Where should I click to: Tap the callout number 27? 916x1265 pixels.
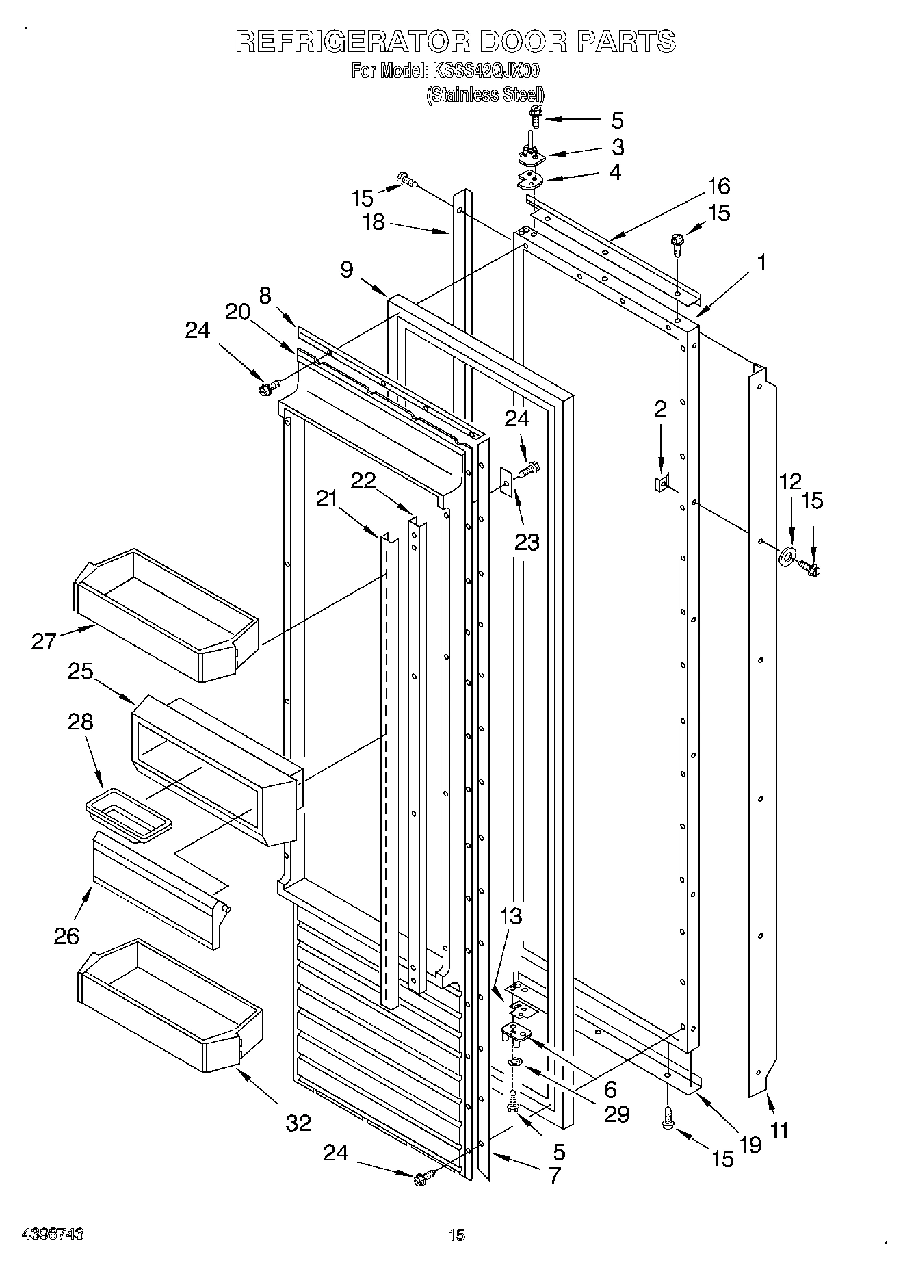pos(43,641)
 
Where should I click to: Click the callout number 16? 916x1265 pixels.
pos(718,186)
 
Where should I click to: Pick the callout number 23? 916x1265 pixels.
pos(527,543)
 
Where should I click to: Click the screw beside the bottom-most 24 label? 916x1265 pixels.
pos(421,1177)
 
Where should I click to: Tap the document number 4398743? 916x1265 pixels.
pos(53,1234)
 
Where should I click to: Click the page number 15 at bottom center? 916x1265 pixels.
pos(456,1234)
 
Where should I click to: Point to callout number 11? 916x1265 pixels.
pos(780,1130)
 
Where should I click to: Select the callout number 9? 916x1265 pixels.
pos(347,270)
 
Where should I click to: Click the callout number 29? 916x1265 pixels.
pos(616,1114)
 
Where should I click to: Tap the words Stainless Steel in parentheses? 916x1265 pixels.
pos(485,95)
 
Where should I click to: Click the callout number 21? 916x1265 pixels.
pos(327,498)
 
